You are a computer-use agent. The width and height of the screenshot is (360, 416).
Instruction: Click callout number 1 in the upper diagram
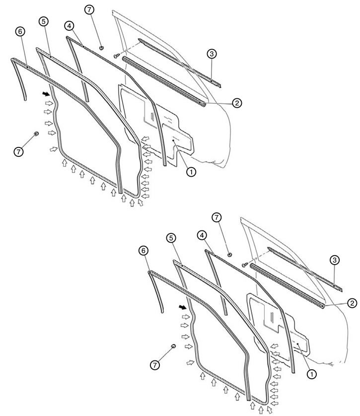coord(191,172)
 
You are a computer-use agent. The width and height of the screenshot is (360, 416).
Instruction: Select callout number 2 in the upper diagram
coord(237,103)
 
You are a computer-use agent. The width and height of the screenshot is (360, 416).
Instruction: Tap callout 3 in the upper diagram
coord(212,54)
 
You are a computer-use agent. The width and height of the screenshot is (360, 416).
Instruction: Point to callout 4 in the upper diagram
coord(69,26)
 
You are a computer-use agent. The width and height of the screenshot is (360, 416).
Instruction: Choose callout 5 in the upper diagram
coord(44,21)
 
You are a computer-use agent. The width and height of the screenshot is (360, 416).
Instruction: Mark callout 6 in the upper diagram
coord(20,32)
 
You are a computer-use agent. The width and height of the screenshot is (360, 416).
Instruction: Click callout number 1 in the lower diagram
coord(312,374)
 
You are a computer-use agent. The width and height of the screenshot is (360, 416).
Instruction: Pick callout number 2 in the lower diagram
coord(352,303)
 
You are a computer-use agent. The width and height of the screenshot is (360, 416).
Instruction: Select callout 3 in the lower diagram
coord(335,260)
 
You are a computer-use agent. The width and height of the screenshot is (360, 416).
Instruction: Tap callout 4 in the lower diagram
coord(202,235)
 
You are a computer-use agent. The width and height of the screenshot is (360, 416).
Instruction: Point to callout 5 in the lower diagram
coord(171,238)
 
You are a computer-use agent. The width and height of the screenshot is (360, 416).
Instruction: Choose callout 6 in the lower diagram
coord(144,251)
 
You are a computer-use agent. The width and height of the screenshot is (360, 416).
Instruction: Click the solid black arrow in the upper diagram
coord(46,94)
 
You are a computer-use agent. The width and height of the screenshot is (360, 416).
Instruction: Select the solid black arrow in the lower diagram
coord(183,307)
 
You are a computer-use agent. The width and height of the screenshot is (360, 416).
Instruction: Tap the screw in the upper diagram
coord(117,56)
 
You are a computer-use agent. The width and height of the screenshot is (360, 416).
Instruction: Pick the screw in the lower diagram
coord(245,265)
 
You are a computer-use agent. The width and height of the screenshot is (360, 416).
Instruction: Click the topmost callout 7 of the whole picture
coord(89,10)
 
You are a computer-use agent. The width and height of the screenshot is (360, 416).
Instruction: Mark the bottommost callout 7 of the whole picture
coord(155,365)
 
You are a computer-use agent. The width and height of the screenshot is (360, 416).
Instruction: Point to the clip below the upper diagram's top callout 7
coord(101,48)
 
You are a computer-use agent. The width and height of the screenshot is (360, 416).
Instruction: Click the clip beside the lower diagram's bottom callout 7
coord(173,346)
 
